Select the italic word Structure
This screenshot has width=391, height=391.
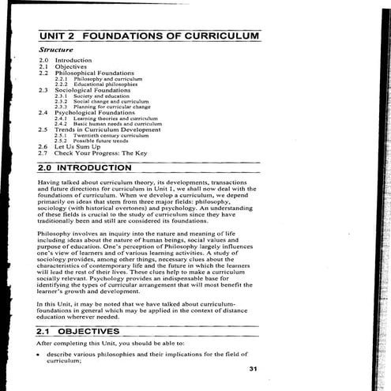(56, 50)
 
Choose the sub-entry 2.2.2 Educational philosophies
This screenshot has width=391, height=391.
(98, 85)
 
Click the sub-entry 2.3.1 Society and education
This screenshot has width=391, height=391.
(92, 96)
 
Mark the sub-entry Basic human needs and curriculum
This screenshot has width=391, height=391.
(118, 124)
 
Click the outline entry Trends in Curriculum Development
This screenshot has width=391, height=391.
(107, 130)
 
